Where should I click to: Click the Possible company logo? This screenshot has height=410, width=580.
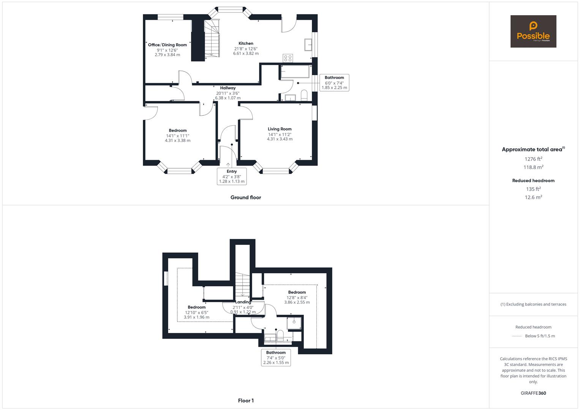[x=533, y=32]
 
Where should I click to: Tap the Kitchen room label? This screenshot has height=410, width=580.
[x=246, y=44]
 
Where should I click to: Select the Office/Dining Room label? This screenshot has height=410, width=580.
[x=168, y=45]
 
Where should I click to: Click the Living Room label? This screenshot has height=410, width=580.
[x=280, y=129]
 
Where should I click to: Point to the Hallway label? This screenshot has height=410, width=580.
[x=228, y=88]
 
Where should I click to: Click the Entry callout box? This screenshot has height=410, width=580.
[x=232, y=176]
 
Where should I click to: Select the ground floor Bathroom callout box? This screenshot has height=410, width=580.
[x=334, y=82]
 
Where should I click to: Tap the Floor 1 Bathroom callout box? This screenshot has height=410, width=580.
[x=276, y=358]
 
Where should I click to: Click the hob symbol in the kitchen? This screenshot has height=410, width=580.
[x=288, y=58]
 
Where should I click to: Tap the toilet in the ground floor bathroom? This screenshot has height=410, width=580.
[x=304, y=95]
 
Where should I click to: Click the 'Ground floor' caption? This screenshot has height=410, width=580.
[x=246, y=197]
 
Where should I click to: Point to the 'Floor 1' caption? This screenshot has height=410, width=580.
[x=246, y=401]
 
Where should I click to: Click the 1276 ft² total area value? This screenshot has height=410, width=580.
[x=533, y=159]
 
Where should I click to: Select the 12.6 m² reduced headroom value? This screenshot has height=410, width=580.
[x=533, y=197]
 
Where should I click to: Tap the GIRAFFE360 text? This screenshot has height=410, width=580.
[x=533, y=393]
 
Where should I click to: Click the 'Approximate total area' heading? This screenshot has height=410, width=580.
[x=532, y=150]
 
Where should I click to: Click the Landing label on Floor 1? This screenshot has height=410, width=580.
[x=243, y=302]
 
